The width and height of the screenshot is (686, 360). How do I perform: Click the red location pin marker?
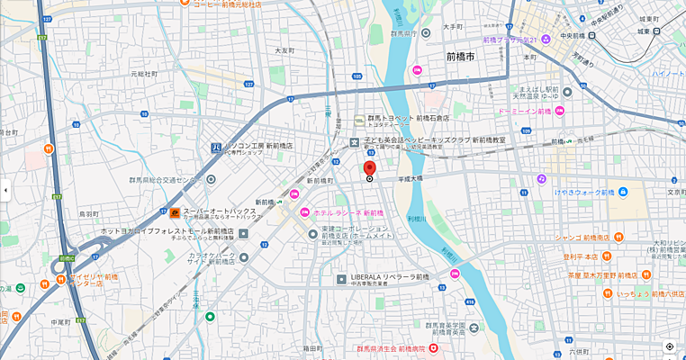click(369, 168)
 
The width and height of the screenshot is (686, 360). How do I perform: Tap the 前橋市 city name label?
click(460, 57)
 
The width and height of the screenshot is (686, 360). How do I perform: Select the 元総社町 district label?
click(143, 74)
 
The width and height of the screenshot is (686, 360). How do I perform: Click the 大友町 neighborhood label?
click(284, 51)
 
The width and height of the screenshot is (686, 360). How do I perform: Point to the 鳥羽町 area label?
click(88, 214)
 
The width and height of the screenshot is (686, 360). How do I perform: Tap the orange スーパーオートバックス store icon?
click(175, 212)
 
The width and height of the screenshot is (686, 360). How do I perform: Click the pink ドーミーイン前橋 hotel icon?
click(559, 111)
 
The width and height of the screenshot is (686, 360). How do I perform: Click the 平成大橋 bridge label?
click(410, 179)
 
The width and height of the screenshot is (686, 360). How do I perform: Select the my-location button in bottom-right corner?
click(670, 346)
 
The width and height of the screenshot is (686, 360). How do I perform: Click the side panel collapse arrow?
click(5, 190)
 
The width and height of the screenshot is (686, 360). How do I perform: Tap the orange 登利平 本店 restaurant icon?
click(555, 256)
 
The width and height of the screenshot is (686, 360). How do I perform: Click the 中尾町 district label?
click(60, 321)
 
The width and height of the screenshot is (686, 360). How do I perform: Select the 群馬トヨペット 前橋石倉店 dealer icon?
click(359, 119)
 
